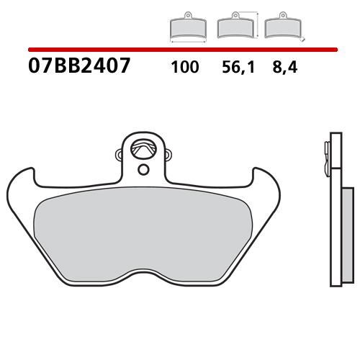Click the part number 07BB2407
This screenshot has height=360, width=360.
coord(79,68)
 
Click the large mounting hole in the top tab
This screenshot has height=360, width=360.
coord(145,147)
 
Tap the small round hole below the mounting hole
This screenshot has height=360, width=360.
coord(143,170)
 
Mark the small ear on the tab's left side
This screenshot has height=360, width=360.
coord(118,153)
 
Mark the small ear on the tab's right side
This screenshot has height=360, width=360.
coord(170,153)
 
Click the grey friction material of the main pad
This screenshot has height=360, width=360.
coord(144,230)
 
